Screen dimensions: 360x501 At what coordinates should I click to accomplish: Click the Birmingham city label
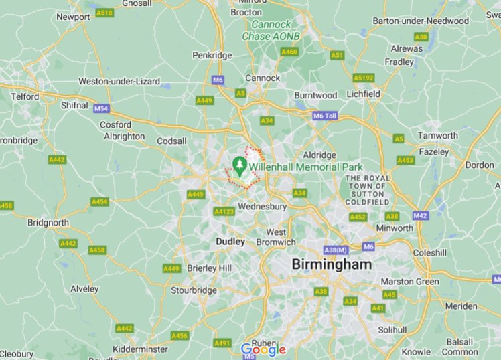coord(331,264)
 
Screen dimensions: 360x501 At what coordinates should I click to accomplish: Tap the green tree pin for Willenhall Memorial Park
coord(238,165)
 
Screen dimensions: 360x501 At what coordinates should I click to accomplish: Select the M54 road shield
coord(100,108)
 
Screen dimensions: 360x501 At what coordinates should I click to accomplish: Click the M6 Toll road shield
coord(324,116)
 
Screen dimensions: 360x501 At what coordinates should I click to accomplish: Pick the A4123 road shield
coord(224,211)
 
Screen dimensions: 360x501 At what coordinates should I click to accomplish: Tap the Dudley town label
coord(230,241)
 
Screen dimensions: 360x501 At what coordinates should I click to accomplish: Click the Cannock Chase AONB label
coord(271,30)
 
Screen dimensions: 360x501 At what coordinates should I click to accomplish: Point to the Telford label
coord(25,96)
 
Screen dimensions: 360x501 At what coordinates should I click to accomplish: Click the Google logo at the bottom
coord(263,349)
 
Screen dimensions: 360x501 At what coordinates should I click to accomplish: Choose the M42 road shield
coord(420,215)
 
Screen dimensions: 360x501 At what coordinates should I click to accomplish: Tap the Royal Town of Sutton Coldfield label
coord(366,189)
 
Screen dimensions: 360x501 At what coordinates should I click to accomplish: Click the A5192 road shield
coord(364,78)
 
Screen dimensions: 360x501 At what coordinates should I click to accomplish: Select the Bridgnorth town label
coord(48,222)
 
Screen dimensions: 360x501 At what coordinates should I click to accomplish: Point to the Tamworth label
coord(437,135)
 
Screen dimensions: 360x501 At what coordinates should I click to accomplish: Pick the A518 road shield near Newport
coord(104,12)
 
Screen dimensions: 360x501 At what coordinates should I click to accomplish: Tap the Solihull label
coord(392,329)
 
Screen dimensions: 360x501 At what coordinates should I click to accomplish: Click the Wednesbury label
coord(262,207)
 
